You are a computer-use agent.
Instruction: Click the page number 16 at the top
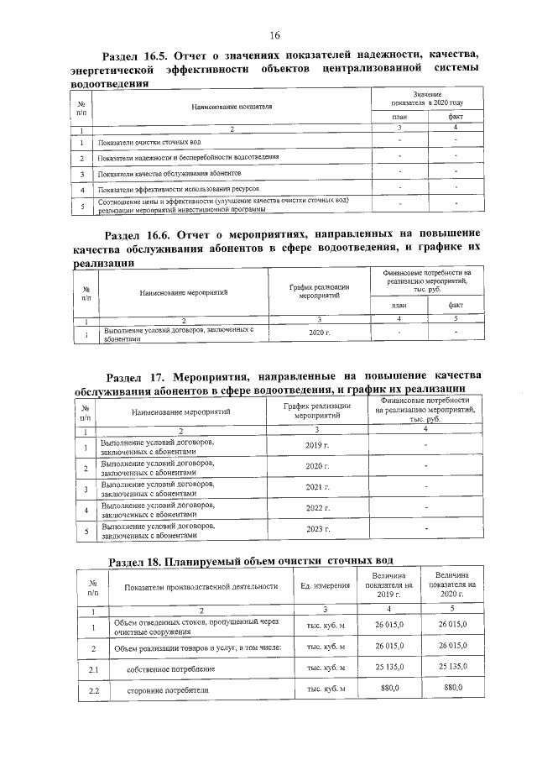tap(274, 34)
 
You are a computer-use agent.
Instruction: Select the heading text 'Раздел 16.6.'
tap(146, 233)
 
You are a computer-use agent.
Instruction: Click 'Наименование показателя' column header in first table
tap(232, 107)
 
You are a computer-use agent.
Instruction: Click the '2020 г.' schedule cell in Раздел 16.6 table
tap(320, 333)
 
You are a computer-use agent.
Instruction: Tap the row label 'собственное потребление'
tap(171, 668)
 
